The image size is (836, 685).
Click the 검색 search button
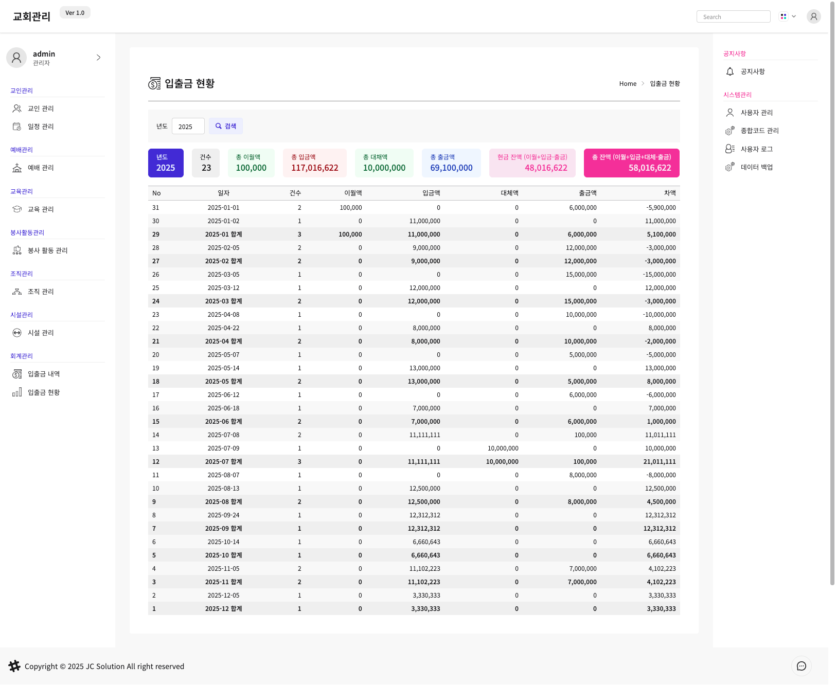point(225,126)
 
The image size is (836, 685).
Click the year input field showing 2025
point(188,127)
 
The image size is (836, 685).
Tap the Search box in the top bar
point(733,17)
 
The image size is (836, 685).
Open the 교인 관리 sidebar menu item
point(41,109)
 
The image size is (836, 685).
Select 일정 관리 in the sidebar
point(41,127)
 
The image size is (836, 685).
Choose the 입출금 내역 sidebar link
point(44,374)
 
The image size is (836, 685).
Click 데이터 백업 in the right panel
point(756,167)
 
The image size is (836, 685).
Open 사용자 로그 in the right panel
point(756,149)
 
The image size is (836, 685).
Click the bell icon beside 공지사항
point(730,71)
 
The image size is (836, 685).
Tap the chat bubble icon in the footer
point(801,666)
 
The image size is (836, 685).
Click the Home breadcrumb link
point(628,84)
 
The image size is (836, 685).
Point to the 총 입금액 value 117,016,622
point(315,168)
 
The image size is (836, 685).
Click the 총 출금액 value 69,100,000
point(451,168)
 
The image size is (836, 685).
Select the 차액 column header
point(670,193)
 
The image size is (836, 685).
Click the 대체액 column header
point(509,193)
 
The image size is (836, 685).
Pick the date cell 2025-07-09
point(223,448)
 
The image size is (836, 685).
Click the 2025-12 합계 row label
point(223,609)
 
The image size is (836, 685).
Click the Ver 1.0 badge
point(75,13)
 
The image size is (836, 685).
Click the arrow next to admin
point(99,58)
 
